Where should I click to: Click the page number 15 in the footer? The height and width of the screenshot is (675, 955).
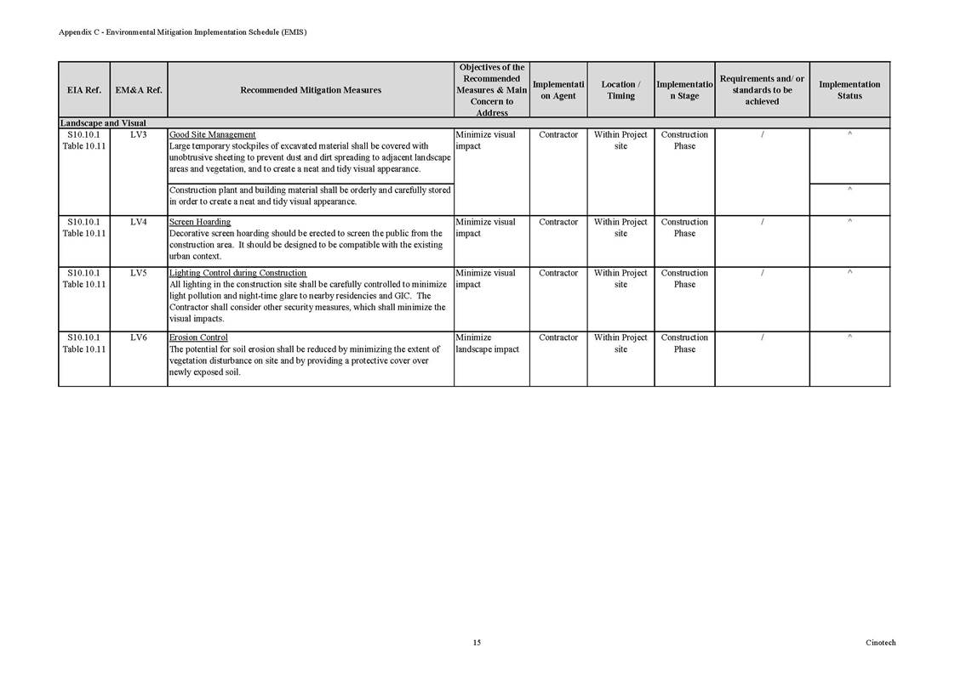coord(477,643)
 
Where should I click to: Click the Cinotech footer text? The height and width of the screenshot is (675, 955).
coord(880,643)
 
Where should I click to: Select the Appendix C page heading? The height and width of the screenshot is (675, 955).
coord(182,32)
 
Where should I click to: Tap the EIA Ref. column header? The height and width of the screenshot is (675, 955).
coord(83,90)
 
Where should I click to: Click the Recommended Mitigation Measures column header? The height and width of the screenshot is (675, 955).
coord(311,90)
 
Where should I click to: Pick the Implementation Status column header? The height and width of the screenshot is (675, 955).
coord(849,90)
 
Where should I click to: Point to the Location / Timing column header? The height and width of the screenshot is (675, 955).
coord(620,90)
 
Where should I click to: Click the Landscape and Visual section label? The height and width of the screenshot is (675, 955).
coord(103,123)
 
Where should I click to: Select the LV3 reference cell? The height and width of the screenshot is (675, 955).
coord(139,135)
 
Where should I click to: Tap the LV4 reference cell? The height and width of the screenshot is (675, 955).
coord(139,223)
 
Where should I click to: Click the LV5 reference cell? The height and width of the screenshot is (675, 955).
coord(139,274)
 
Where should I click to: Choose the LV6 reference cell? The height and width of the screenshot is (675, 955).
coord(139,338)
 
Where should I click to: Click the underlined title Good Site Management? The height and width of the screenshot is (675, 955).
coord(213,135)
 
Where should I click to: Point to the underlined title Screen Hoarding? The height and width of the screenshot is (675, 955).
coord(200,223)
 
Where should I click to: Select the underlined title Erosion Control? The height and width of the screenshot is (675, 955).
coord(198,338)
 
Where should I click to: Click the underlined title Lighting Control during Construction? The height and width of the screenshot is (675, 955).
coord(237,274)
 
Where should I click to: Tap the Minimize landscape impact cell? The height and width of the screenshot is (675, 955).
coord(487,343)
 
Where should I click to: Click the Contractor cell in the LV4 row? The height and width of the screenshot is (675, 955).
coord(558,223)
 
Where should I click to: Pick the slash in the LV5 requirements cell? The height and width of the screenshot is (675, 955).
coord(762,274)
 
